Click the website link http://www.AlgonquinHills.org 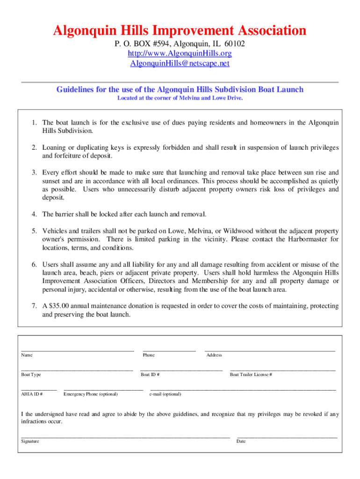[x=180, y=54]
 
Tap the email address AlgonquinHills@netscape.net [x=180, y=64]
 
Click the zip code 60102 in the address [x=234, y=44]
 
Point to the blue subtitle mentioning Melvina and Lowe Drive [x=180, y=98]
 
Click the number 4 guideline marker [x=35, y=214]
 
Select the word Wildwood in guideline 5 [x=240, y=231]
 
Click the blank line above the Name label [x=78, y=350]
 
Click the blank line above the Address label [x=270, y=350]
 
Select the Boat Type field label [x=31, y=375]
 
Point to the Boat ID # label [x=150, y=375]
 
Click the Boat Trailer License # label [x=251, y=375]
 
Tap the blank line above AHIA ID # [x=39, y=389]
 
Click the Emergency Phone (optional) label [x=90, y=394]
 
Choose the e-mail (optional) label [x=165, y=394]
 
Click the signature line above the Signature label [x=125, y=437]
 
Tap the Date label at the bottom [x=241, y=441]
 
